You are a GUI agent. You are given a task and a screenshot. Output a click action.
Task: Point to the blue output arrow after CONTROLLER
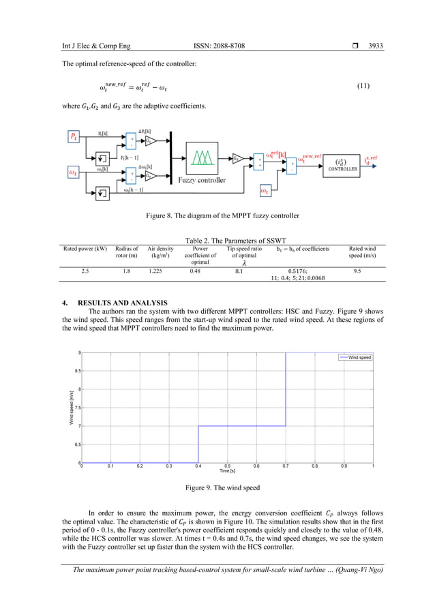[x=360, y=164]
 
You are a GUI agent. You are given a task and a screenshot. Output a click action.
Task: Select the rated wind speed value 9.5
[x=357, y=270]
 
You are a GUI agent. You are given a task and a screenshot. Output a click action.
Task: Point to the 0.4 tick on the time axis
[x=198, y=467]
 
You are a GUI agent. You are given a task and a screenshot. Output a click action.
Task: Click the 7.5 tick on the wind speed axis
[x=77, y=408]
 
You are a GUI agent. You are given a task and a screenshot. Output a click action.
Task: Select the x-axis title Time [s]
[x=228, y=471]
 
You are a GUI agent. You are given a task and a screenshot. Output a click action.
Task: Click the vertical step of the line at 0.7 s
[x=286, y=389]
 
